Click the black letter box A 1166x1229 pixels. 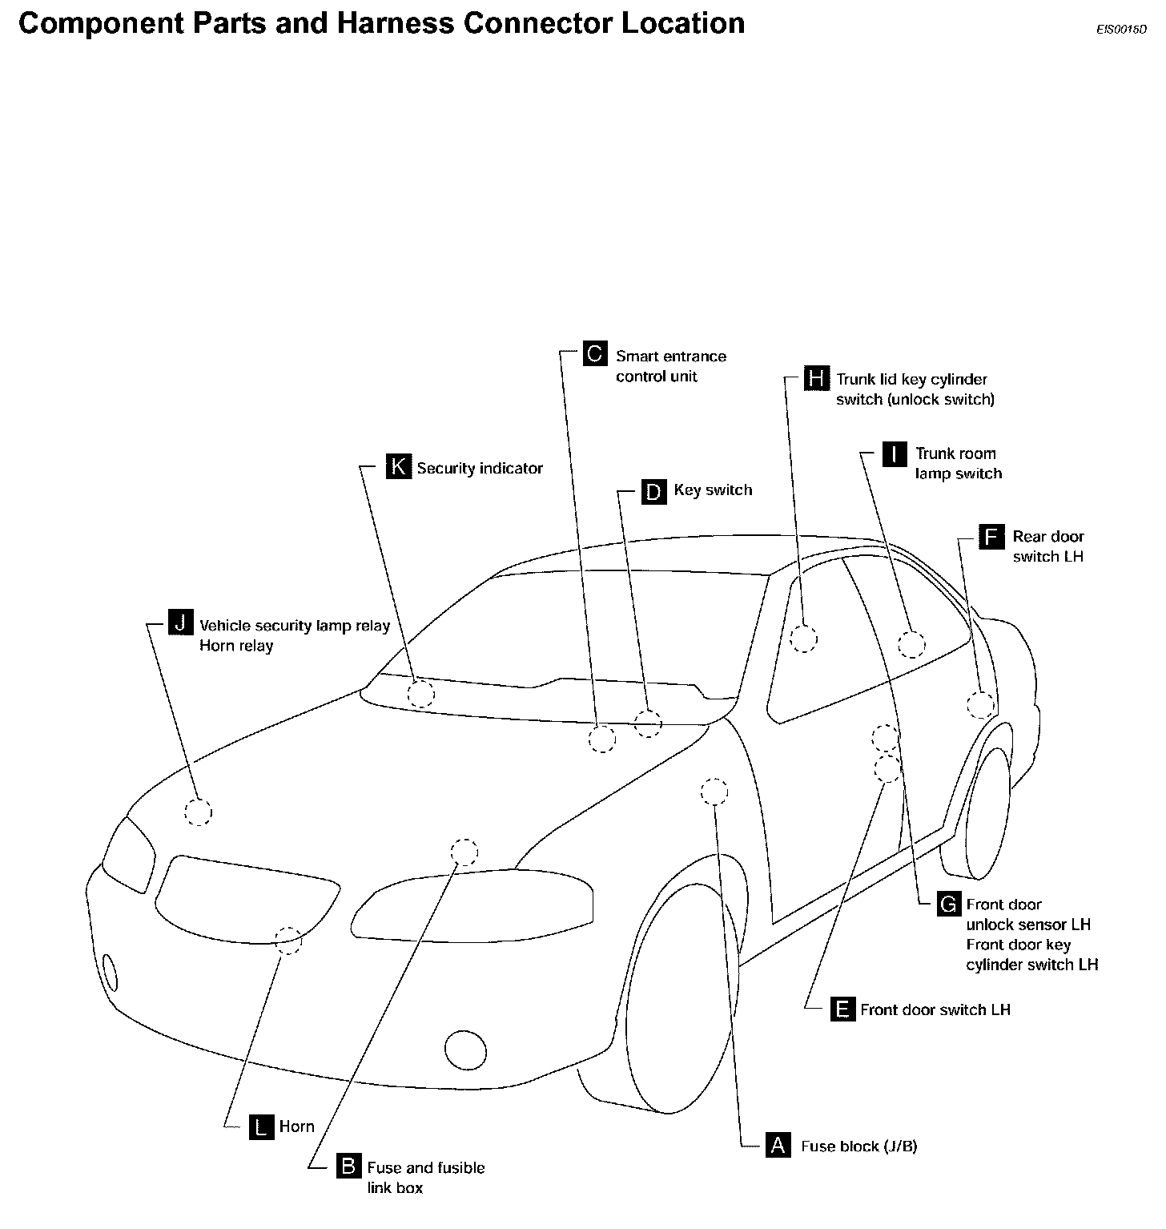[778, 1145]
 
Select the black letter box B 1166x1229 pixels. [348, 1166]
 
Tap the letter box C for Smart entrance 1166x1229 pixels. [594, 353]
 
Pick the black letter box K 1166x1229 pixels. [398, 466]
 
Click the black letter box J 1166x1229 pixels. [181, 623]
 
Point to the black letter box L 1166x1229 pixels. [261, 1126]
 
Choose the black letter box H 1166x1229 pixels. [815, 377]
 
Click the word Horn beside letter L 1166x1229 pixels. [297, 1126]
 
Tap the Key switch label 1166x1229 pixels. [713, 490]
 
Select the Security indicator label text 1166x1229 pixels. [480, 469]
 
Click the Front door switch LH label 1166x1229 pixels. [935, 1009]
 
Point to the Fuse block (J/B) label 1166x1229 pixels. [859, 1146]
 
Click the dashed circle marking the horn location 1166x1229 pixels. [288, 941]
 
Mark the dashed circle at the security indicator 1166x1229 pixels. [420, 695]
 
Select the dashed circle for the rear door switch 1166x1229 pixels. [981, 705]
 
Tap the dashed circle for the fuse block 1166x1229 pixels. [714, 792]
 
